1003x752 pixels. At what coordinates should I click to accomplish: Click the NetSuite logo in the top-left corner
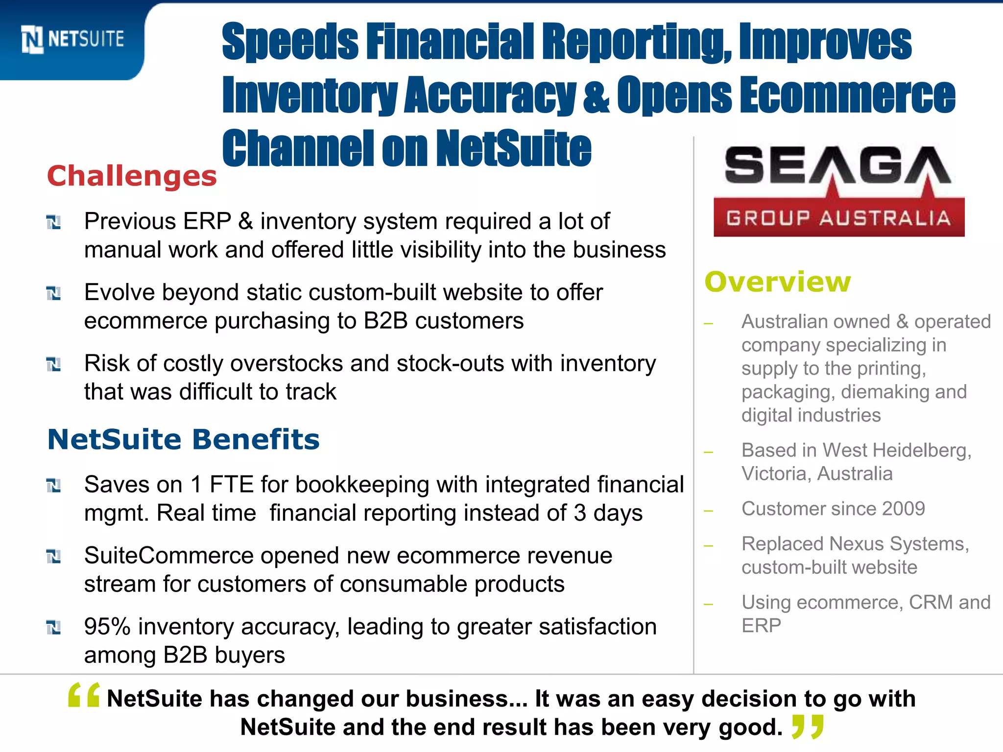click(72, 39)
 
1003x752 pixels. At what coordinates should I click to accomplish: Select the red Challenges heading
click(132, 176)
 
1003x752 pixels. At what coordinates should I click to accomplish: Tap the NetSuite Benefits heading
click(183, 439)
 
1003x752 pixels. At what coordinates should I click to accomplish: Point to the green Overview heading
click(778, 282)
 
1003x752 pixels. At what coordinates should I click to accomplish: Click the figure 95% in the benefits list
click(107, 627)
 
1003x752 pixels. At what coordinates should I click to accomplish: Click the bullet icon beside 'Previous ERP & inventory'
click(53, 222)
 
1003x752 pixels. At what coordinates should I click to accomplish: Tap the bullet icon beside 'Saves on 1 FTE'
click(53, 486)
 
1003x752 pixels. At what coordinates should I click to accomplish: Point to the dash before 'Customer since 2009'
click(708, 511)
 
